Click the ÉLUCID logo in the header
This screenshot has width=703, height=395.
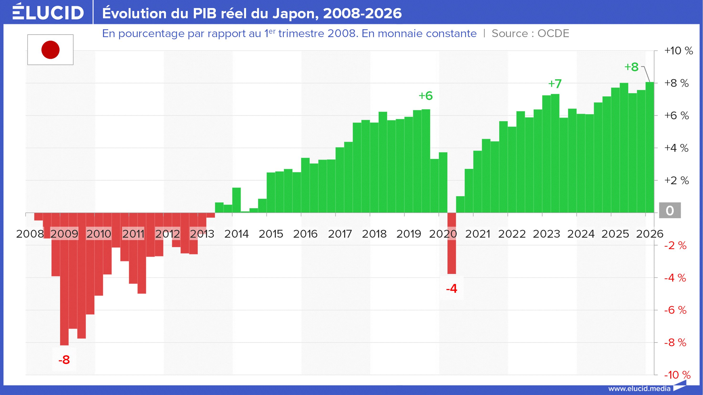(x=48, y=12)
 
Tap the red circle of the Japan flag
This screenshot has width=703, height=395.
(x=51, y=50)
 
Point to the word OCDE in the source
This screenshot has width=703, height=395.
(x=553, y=34)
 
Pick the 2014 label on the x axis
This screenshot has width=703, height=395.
(x=236, y=234)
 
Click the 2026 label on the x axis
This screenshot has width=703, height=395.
(x=650, y=234)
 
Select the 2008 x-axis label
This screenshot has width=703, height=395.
(x=30, y=234)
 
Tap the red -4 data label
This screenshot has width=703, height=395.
(x=452, y=289)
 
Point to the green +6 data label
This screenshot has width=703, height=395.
(x=426, y=96)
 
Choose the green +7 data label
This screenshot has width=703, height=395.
(x=555, y=84)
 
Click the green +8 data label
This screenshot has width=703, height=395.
(x=631, y=67)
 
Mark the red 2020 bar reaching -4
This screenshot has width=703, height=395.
(x=452, y=243)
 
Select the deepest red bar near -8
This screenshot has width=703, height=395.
(x=64, y=279)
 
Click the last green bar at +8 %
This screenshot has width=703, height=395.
(x=650, y=147)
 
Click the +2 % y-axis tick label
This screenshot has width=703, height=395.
(x=677, y=181)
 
